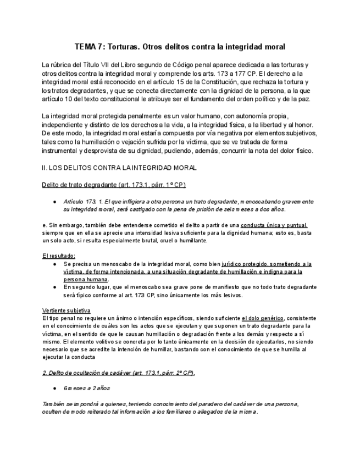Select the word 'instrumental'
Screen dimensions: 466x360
[x=60, y=151]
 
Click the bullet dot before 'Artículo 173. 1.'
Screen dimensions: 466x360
[x=55, y=202]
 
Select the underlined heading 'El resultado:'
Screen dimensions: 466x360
[x=59, y=256]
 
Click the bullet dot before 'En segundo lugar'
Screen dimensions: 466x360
[x=55, y=287]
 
